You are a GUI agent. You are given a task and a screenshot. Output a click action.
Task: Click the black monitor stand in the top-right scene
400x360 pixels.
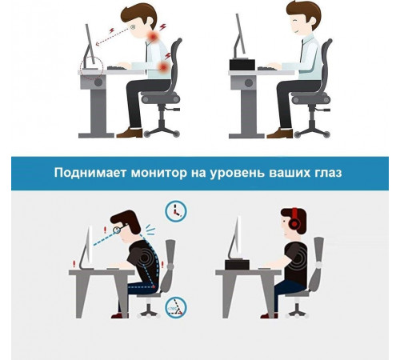(242, 64)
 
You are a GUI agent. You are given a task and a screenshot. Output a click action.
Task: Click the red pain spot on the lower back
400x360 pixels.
(165, 71)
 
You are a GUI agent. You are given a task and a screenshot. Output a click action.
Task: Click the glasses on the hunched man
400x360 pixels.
(118, 228)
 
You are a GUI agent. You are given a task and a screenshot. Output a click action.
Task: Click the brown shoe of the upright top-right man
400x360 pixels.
(278, 134)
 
